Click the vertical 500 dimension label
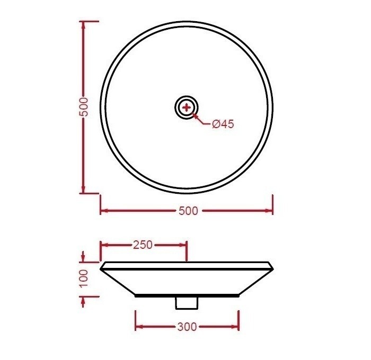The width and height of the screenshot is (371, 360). click(x=83, y=107)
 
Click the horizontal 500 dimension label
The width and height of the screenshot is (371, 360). click(x=188, y=211)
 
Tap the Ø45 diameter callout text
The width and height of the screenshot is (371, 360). click(x=223, y=124)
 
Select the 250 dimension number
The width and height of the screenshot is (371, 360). click(x=143, y=245)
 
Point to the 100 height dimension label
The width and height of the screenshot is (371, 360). click(x=83, y=278)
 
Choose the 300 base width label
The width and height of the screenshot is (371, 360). click(x=187, y=327)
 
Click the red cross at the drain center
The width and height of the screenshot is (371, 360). click(x=187, y=108)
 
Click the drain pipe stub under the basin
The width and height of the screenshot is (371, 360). click(x=186, y=303)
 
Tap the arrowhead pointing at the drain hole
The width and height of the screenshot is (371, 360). click(x=195, y=115)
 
